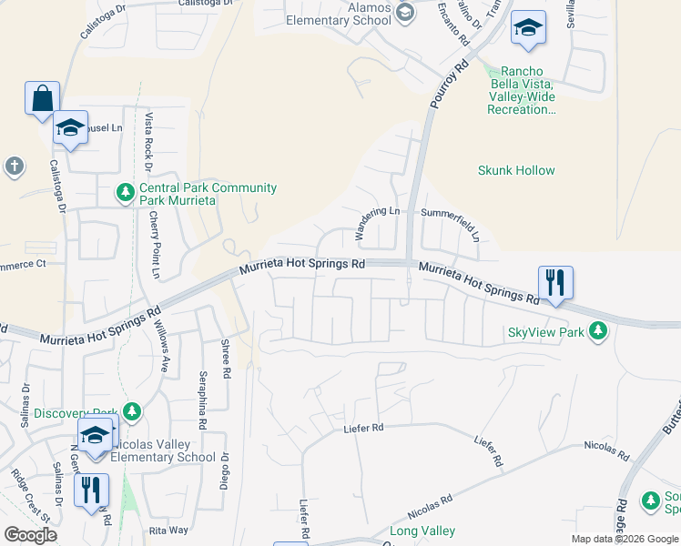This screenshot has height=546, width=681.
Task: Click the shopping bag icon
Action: pyautogui.click(x=43, y=98)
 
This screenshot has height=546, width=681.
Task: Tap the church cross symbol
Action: pyautogui.click(x=13, y=166)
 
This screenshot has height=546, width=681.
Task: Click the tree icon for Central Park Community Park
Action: pyautogui.click(x=126, y=193)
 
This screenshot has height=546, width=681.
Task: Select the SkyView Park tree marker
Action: pyautogui.click(x=598, y=331)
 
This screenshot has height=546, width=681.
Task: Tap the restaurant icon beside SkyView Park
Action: pyautogui.click(x=554, y=282)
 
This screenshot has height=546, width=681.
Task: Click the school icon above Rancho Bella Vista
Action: pyautogui.click(x=527, y=28)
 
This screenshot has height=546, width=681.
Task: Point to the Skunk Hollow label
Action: pyautogui.click(x=516, y=170)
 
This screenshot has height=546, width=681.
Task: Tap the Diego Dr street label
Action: pyautogui.click(x=223, y=471)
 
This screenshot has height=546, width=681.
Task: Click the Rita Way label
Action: pyautogui.click(x=168, y=529)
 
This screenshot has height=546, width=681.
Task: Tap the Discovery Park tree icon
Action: pyautogui.click(x=131, y=412)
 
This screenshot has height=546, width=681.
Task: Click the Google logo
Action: pyautogui.click(x=30, y=535)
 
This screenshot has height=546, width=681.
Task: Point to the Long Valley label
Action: pyautogui.click(x=422, y=531)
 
